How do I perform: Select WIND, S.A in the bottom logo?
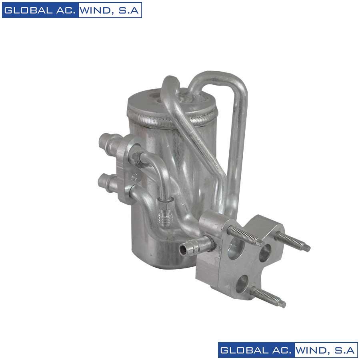(326, 350)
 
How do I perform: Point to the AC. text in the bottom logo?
(280, 350)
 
